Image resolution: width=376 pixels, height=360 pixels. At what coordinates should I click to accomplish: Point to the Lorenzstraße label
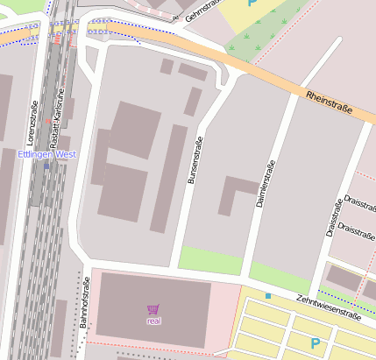[x=33, y=121]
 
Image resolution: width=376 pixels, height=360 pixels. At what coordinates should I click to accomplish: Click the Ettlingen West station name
[x=46, y=154]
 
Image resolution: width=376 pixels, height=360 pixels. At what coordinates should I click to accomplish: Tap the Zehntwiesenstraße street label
[x=328, y=311]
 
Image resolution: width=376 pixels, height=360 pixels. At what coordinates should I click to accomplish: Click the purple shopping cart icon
[x=153, y=309]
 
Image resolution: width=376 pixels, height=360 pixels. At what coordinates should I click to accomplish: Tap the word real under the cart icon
[x=153, y=321]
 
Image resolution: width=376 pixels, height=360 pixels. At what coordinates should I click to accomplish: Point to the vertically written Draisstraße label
[x=334, y=217]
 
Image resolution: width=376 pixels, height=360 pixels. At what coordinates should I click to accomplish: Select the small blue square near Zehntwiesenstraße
[x=268, y=296]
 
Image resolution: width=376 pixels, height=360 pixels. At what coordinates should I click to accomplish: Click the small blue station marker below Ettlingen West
[x=46, y=166]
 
